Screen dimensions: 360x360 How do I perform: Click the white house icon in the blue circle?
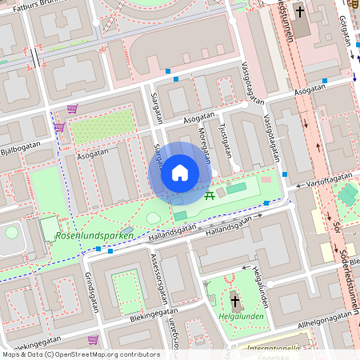[180, 172]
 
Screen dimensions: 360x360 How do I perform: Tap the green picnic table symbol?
[209, 194]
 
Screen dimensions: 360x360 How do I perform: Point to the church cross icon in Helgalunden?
[235, 302]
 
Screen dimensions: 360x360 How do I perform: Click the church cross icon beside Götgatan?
[301, 12]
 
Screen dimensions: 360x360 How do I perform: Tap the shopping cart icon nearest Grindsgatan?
[94, 339]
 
